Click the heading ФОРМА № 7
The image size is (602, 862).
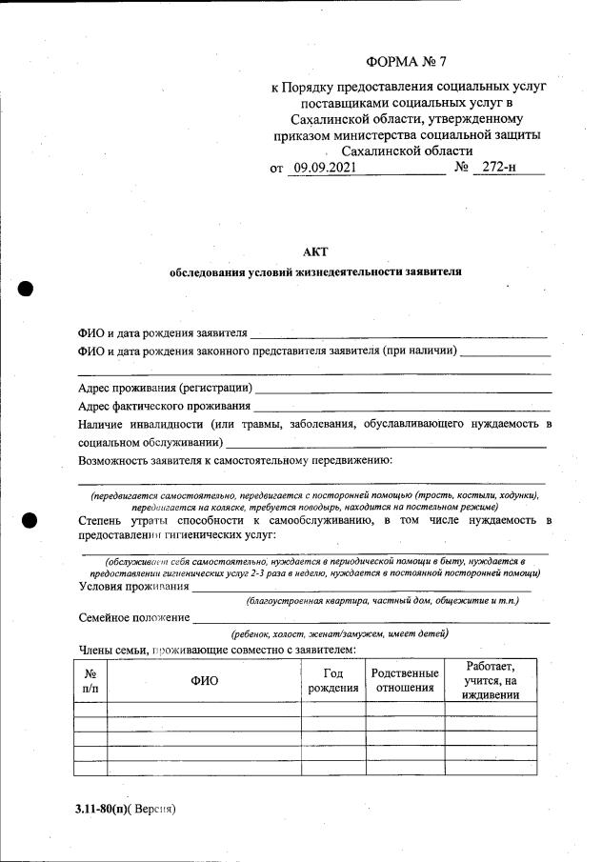pyautogui.click(x=407, y=63)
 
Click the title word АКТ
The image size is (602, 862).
pyautogui.click(x=314, y=251)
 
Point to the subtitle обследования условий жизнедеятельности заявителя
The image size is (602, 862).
pyautogui.click(x=315, y=271)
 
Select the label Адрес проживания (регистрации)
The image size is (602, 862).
pyautogui.click(x=165, y=388)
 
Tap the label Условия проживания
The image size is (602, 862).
pyautogui.click(x=133, y=587)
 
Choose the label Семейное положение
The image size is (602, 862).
pyautogui.click(x=133, y=618)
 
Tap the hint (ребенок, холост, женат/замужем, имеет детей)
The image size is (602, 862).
pyautogui.click(x=340, y=634)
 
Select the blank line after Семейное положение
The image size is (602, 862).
pyautogui.click(x=371, y=620)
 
